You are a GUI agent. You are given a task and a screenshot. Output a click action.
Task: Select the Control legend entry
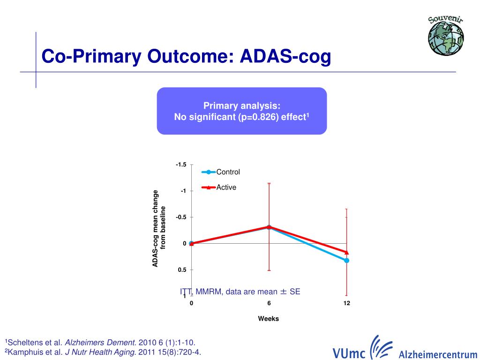(x=228, y=172)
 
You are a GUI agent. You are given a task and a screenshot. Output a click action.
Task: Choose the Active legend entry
(x=226, y=187)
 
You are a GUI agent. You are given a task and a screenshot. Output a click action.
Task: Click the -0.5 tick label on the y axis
(x=181, y=217)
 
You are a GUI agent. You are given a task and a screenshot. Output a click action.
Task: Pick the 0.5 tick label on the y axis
(x=182, y=270)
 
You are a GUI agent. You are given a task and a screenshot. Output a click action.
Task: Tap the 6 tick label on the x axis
(x=269, y=303)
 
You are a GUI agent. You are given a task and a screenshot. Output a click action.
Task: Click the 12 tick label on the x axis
(x=347, y=303)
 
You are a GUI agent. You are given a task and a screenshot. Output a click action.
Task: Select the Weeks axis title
(x=269, y=319)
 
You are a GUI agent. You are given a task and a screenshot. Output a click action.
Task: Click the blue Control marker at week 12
(x=347, y=260)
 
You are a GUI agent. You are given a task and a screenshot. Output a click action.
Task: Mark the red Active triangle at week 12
(x=347, y=252)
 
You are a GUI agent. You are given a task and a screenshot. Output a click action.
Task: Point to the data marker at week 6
(x=269, y=227)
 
